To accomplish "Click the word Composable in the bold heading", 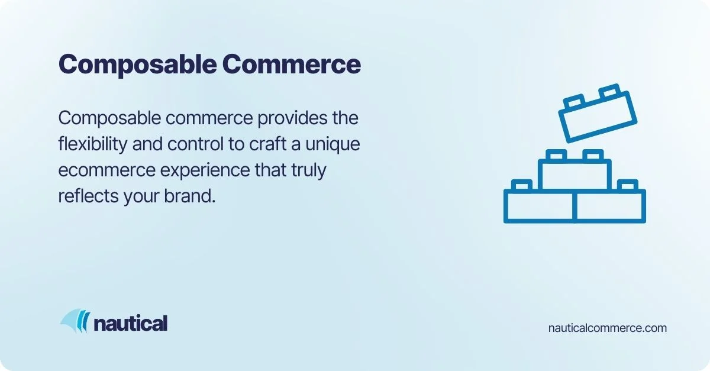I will tap(137, 64).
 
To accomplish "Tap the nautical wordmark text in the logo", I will tap(130, 323).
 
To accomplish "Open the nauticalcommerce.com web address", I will tap(608, 327).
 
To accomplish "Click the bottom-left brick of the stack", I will tap(539, 207).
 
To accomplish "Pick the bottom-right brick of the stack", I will tap(610, 207).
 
